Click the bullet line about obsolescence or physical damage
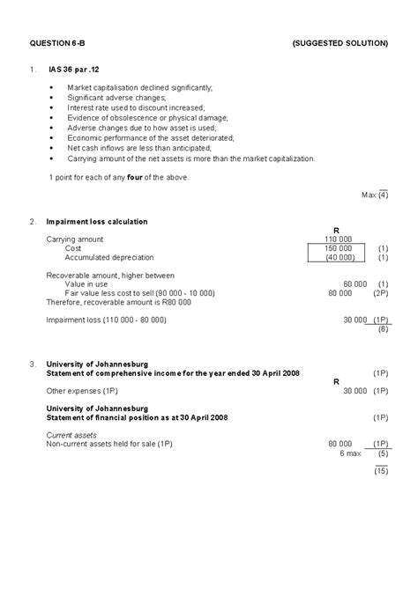point(147,117)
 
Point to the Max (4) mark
point(376,195)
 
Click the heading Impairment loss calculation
point(97,221)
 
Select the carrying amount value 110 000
point(339,239)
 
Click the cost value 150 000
point(339,248)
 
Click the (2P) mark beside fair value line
point(381,292)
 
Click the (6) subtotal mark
point(383,329)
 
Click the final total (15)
point(380,472)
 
